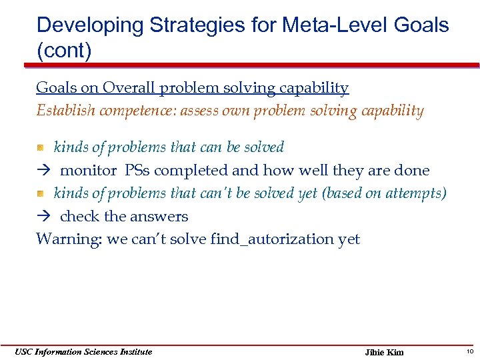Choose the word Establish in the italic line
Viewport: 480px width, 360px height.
[x=65, y=111]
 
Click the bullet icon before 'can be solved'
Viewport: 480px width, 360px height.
[x=41, y=147]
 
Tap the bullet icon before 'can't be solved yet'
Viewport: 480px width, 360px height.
[x=41, y=193]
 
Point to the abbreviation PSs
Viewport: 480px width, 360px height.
[x=139, y=171]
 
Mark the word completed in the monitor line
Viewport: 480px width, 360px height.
[x=190, y=171]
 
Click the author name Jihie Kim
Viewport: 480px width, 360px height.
[x=385, y=352]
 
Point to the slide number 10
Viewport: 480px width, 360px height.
[x=469, y=351]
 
